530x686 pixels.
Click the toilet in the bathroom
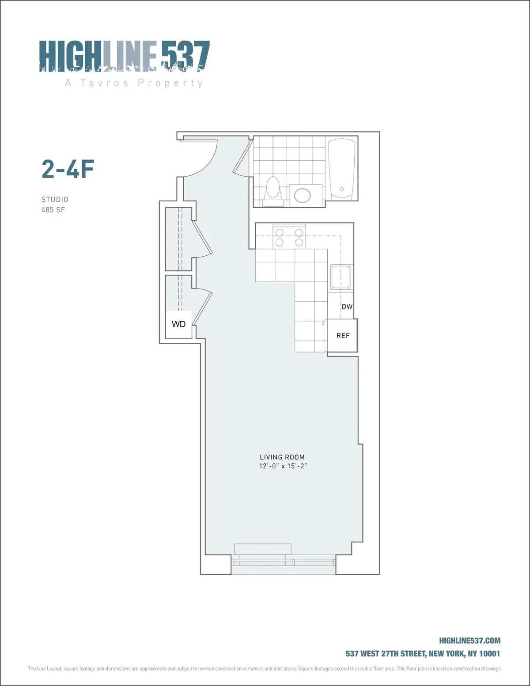(x=273, y=191)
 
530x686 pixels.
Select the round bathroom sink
(x=303, y=195)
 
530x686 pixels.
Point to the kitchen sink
(x=340, y=277)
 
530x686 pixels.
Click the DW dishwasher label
(x=347, y=307)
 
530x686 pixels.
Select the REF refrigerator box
(x=342, y=336)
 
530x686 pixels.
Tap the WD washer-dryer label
(x=178, y=324)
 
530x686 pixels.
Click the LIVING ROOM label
(x=282, y=457)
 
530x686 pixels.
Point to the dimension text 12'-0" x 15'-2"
(x=283, y=466)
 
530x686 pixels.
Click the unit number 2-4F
(x=68, y=169)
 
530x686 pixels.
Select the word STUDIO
(x=55, y=200)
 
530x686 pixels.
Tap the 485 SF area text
(x=53, y=210)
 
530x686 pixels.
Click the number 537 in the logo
(x=185, y=56)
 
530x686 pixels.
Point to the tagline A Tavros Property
(x=134, y=83)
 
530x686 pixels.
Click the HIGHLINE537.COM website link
(x=469, y=641)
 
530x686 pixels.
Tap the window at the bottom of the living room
(x=283, y=562)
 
